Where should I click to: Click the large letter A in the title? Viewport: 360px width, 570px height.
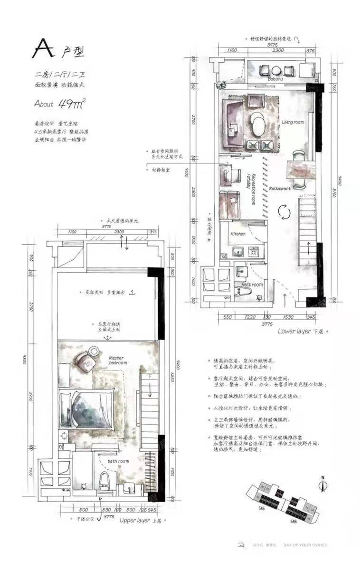coord(43,48)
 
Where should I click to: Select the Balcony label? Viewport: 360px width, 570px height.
coord(275,79)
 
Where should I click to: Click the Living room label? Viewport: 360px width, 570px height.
coord(293,122)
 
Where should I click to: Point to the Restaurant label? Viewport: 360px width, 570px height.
coord(280,189)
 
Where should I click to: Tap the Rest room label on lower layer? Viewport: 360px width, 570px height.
coord(252,285)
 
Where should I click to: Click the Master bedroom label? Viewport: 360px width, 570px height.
coord(118,360)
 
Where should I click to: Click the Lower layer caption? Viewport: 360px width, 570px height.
coord(294,331)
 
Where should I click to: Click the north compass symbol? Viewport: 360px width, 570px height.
coord(323,484)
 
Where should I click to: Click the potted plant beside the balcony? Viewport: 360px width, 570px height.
coord(220,85)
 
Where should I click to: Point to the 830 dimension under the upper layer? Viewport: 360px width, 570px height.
coord(107,511)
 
